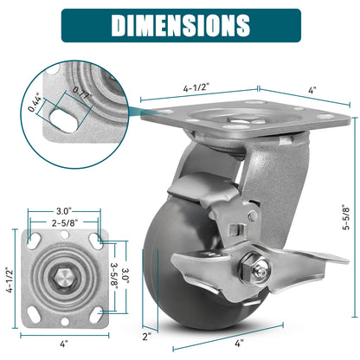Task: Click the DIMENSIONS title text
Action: [x=181, y=25]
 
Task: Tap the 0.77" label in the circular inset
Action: [x=82, y=93]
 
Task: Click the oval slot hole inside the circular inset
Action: [x=64, y=119]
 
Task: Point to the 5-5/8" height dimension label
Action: [x=346, y=217]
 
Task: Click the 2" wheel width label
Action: [x=147, y=337]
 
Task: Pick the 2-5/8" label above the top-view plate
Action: [x=65, y=222]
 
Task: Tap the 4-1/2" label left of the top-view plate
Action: [x=10, y=280]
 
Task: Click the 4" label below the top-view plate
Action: [x=64, y=344]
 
